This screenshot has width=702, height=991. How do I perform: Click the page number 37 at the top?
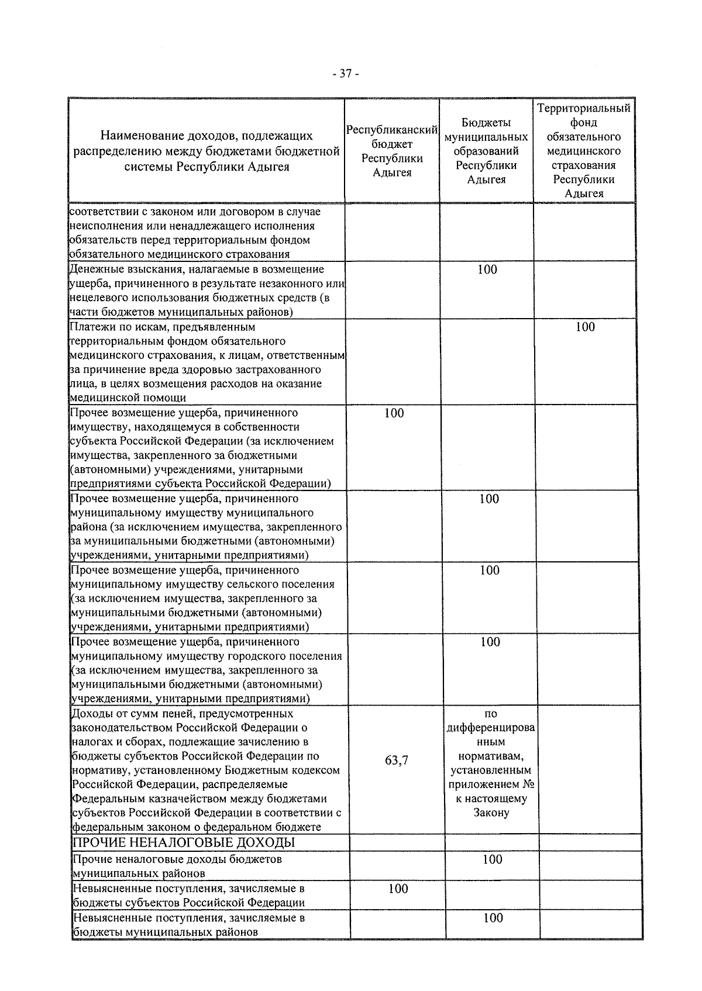tap(345, 74)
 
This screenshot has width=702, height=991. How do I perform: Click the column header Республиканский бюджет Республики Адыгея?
tap(392, 151)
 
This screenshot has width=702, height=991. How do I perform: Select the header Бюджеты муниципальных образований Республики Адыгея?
tap(486, 151)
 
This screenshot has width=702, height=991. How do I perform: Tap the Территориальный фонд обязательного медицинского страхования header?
tap(584, 151)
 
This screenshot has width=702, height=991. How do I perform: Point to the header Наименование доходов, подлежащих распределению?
tap(206, 151)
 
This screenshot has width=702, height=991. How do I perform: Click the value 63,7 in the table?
tap(397, 760)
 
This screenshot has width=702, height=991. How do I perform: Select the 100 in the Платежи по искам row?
tap(584, 327)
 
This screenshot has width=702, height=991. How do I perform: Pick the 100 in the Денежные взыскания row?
tap(487, 270)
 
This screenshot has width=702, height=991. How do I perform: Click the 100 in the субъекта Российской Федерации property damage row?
tap(394, 413)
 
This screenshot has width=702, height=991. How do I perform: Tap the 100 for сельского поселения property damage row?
tap(490, 571)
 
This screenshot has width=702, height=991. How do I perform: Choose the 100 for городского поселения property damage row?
tap(490, 642)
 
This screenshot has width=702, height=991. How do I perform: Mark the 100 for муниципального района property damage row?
tap(489, 499)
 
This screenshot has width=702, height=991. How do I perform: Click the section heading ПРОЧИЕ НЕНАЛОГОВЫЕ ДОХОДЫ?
tap(183, 842)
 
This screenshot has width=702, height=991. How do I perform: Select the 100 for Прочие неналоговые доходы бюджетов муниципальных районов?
tap(493, 859)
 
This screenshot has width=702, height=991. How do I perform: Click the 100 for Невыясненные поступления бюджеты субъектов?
tap(398, 889)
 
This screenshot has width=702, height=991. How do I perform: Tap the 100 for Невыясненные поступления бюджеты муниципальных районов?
tap(493, 918)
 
